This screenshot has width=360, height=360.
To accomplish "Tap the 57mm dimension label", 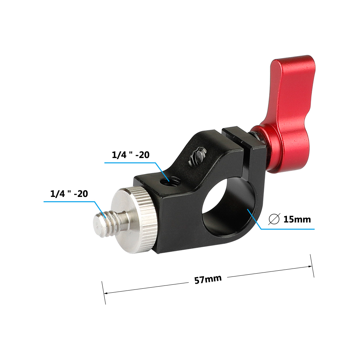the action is pyautogui.click(x=208, y=279).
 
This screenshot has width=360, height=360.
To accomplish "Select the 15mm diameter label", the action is pyautogui.click(x=297, y=219).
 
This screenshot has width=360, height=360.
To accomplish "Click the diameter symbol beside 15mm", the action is pyautogui.click(x=274, y=219).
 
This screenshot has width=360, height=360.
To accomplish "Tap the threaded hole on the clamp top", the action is pyautogui.click(x=170, y=181).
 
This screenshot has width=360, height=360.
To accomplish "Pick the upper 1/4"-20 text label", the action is pyautogui.click(x=131, y=155).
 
